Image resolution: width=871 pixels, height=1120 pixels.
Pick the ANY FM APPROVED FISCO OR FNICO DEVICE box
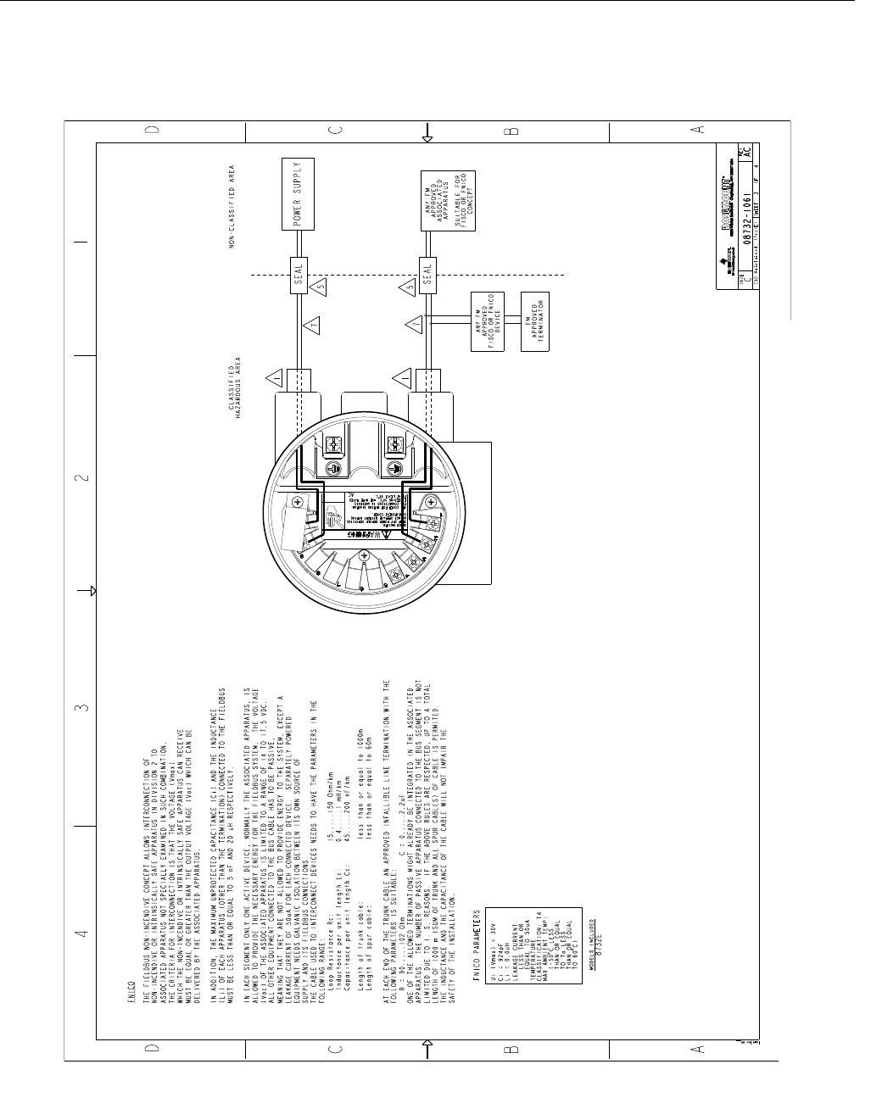[487, 321]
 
